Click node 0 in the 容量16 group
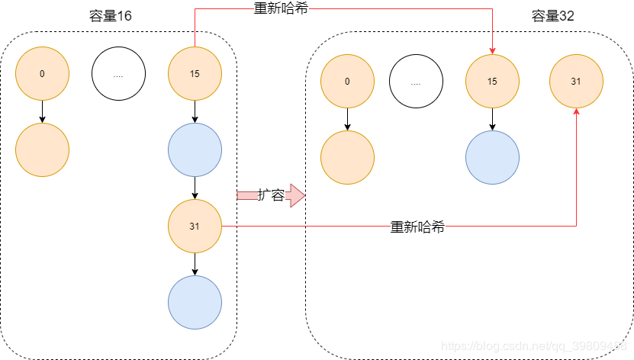(42, 73)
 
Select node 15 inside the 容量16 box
(195, 73)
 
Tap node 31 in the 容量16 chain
(195, 226)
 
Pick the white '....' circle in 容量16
(118, 73)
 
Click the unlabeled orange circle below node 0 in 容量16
(42, 149)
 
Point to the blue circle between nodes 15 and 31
(195, 149)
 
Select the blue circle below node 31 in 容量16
(195, 302)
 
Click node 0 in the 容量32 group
(347, 81)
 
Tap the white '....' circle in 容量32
(416, 81)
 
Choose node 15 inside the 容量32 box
(492, 81)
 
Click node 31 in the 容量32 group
(576, 81)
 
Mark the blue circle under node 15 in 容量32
(492, 157)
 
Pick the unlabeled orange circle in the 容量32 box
(347, 157)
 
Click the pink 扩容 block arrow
(271, 195)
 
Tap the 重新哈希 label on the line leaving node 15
(280, 9)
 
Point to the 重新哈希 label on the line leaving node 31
(417, 227)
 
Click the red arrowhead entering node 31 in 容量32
(576, 112)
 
